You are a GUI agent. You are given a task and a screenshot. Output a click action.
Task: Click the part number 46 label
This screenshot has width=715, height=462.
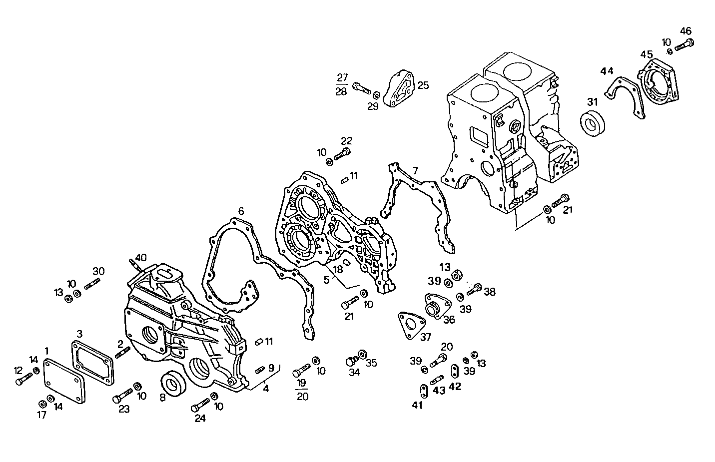pyautogui.click(x=686, y=30)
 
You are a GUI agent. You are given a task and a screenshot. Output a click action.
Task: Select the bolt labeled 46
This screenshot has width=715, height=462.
pyautogui.click(x=685, y=45)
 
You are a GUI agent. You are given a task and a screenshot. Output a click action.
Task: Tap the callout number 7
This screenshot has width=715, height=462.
pyautogui.click(x=415, y=171)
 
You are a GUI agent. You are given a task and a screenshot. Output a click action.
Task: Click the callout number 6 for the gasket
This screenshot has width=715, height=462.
pyautogui.click(x=241, y=211)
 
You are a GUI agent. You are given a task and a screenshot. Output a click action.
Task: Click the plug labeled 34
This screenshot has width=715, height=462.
pyautogui.click(x=352, y=361)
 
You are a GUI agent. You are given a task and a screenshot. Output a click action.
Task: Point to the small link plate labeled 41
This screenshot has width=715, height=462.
pyautogui.click(x=423, y=389)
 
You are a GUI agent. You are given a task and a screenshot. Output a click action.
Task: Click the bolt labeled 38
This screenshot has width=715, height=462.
pyautogui.click(x=475, y=288)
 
